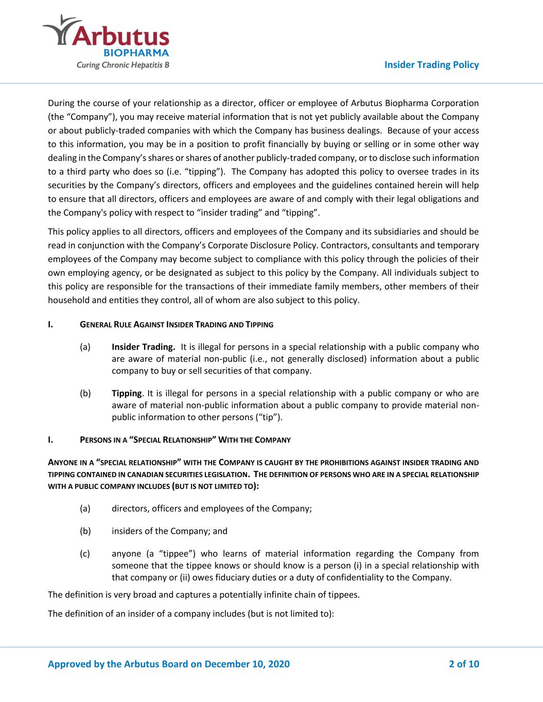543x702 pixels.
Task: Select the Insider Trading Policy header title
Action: click(431, 65)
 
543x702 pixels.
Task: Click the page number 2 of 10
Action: click(464, 664)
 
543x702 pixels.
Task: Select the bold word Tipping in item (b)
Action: click(126, 393)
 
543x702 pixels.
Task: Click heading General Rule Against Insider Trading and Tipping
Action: click(177, 325)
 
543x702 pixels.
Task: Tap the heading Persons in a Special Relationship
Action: click(185, 440)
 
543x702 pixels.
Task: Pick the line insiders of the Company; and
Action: click(169, 531)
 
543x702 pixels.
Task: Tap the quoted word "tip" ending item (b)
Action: click(269, 417)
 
